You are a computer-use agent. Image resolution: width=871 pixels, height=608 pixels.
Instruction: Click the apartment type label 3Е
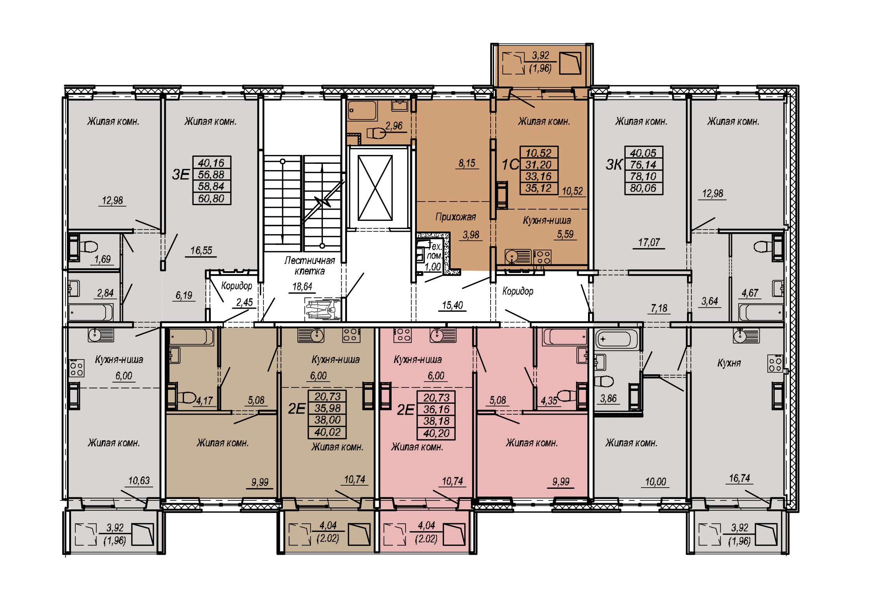(180, 175)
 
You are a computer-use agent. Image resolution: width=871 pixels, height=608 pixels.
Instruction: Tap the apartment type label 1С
(510, 165)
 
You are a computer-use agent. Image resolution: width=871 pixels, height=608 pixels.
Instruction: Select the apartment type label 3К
(614, 165)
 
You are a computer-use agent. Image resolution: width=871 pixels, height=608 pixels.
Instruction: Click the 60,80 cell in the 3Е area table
(212, 198)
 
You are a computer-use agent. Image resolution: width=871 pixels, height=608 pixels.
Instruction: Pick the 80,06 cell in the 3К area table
(644, 188)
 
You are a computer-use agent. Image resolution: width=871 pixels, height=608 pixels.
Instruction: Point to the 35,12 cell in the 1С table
(539, 188)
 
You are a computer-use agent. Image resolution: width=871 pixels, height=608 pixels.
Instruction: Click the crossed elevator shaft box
(375, 188)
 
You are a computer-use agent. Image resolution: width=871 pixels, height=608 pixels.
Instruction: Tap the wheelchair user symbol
(321, 309)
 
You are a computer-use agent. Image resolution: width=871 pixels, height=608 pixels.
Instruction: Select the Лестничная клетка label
(309, 266)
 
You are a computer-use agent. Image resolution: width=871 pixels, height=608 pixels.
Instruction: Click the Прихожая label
(455, 217)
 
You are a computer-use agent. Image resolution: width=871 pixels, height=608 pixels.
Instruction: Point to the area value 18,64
(302, 287)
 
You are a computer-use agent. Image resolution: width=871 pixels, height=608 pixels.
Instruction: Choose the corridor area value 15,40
(453, 305)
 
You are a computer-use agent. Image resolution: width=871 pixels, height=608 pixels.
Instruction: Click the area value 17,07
(649, 242)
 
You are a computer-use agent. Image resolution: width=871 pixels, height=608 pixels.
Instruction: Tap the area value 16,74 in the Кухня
(739, 478)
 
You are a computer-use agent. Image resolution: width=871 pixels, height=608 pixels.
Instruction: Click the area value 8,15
(467, 163)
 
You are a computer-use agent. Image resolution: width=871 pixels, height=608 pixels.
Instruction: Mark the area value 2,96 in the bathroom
(394, 126)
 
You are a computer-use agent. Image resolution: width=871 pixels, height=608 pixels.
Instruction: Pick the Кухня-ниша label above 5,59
(547, 221)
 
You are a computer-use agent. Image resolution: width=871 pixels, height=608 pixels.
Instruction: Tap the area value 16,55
(201, 250)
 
